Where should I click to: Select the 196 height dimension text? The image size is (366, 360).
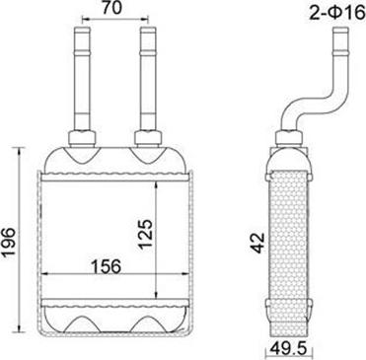(x=10, y=239)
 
